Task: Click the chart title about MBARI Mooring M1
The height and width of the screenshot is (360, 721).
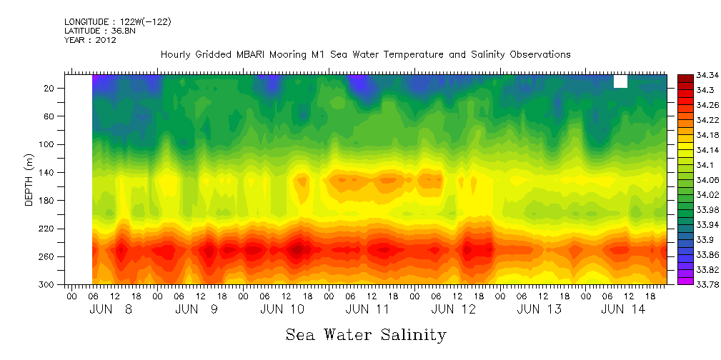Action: tap(365, 54)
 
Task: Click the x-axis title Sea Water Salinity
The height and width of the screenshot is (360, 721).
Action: tap(366, 334)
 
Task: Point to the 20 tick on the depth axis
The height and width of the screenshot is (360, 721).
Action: tap(51, 89)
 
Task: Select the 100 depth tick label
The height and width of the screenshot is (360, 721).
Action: tap(49, 144)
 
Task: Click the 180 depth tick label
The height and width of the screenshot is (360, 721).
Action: tap(49, 201)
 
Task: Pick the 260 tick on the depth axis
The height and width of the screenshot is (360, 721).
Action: tap(49, 256)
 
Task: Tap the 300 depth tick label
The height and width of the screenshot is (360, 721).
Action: tap(49, 284)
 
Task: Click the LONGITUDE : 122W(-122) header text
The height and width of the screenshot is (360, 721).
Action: tap(118, 22)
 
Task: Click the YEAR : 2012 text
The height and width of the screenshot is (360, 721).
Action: tap(90, 41)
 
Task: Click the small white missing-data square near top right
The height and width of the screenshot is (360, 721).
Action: tap(620, 81)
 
